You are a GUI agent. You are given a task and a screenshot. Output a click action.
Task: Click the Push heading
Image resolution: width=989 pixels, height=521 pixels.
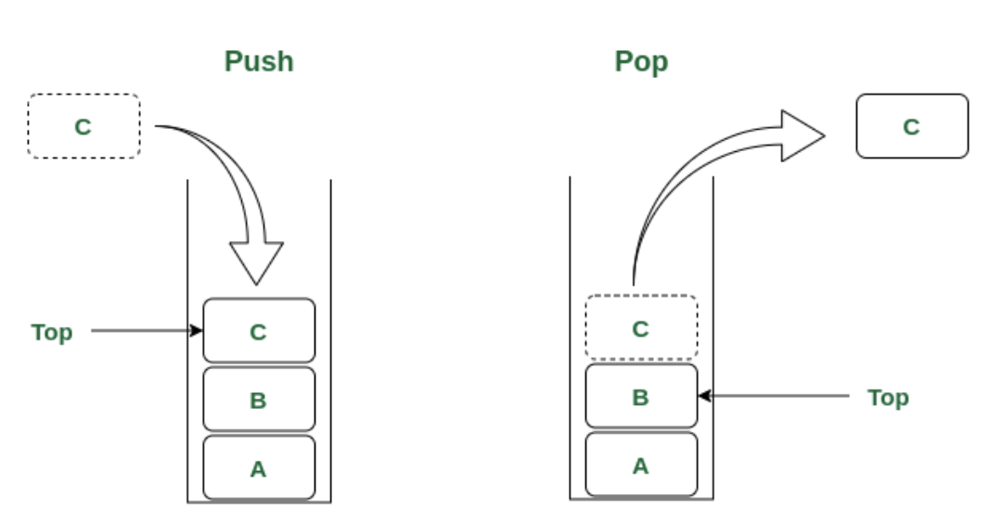[259, 61]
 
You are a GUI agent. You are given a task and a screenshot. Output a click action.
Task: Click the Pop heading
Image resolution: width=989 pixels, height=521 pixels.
[641, 61]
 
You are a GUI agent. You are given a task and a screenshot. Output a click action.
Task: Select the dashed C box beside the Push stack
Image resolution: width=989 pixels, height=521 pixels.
[83, 126]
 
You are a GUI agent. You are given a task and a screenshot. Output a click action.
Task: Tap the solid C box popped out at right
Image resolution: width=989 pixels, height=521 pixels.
[912, 126]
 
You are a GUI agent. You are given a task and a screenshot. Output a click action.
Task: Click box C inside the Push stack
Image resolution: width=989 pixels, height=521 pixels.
[259, 331]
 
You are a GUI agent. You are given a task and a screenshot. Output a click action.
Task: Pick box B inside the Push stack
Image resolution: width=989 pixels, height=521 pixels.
[259, 400]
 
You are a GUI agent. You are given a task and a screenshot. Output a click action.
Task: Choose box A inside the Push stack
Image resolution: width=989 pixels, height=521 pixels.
[259, 468]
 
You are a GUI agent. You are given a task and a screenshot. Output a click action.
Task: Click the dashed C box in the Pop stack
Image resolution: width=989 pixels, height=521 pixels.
[641, 328]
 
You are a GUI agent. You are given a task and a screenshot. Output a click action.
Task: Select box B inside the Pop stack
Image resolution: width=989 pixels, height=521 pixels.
[641, 396]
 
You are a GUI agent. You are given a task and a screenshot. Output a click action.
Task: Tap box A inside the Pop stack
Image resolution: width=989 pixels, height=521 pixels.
[641, 464]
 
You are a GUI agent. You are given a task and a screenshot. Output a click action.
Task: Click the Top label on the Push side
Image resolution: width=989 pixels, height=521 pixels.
[52, 332]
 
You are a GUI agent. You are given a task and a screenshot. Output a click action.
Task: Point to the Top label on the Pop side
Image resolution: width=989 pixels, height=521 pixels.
[888, 398]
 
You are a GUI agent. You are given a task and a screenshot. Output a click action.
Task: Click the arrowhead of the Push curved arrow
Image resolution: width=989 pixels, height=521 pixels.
[256, 263]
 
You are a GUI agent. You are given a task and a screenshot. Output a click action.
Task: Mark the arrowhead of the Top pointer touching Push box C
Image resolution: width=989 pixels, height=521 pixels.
[198, 330]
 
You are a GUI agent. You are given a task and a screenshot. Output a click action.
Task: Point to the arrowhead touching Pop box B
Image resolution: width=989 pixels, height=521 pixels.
[704, 396]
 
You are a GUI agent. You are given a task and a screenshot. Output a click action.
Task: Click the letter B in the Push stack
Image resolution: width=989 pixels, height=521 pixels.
[259, 400]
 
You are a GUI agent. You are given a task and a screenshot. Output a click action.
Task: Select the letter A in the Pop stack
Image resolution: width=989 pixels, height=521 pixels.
[641, 465]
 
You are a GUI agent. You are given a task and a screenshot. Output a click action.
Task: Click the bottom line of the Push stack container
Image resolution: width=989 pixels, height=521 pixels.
[259, 502]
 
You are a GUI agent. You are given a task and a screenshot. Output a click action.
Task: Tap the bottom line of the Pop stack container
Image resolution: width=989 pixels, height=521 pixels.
[641, 501]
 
